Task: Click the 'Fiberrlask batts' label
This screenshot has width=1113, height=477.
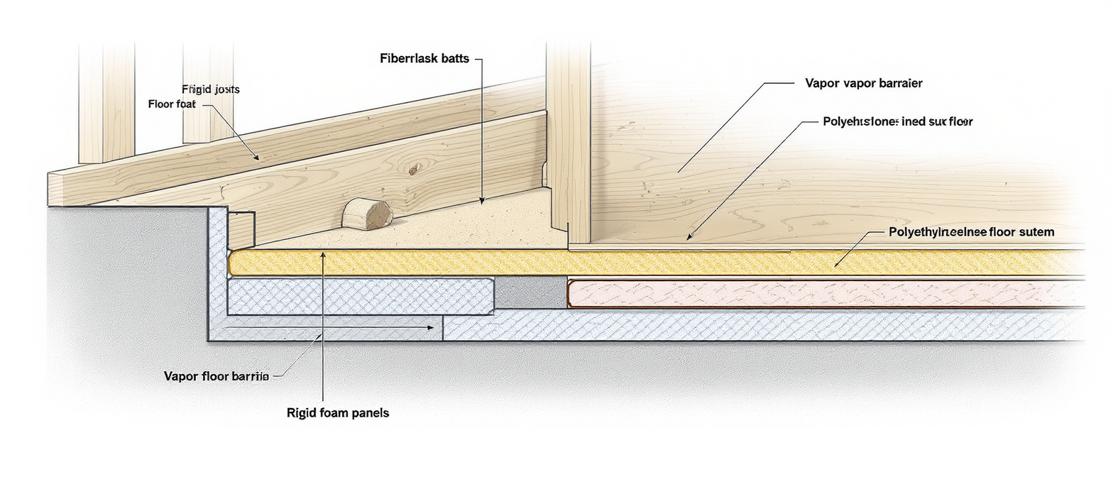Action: pyautogui.click(x=424, y=59)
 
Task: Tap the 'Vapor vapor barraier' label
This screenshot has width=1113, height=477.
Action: pyautogui.click(x=864, y=83)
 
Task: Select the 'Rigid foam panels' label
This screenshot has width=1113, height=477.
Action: pyautogui.click(x=338, y=412)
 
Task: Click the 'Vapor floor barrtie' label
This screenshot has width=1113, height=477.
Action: pyautogui.click(x=216, y=376)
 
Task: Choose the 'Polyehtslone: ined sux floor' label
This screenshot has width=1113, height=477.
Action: pyautogui.click(x=897, y=121)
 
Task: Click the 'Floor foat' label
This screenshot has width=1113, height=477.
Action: pyautogui.click(x=171, y=104)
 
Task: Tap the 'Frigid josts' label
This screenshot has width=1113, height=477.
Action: pyautogui.click(x=211, y=89)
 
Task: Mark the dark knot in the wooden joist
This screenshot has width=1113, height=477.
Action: pyautogui.click(x=412, y=170)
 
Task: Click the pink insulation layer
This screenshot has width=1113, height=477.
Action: pyautogui.click(x=816, y=293)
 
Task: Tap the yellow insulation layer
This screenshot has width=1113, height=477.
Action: pyautogui.click(x=639, y=263)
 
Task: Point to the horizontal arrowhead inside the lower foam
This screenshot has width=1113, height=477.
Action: pyautogui.click(x=429, y=328)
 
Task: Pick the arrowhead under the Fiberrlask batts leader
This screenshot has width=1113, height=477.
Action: pyautogui.click(x=482, y=202)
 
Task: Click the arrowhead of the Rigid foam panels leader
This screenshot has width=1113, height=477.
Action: pyautogui.click(x=323, y=253)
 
